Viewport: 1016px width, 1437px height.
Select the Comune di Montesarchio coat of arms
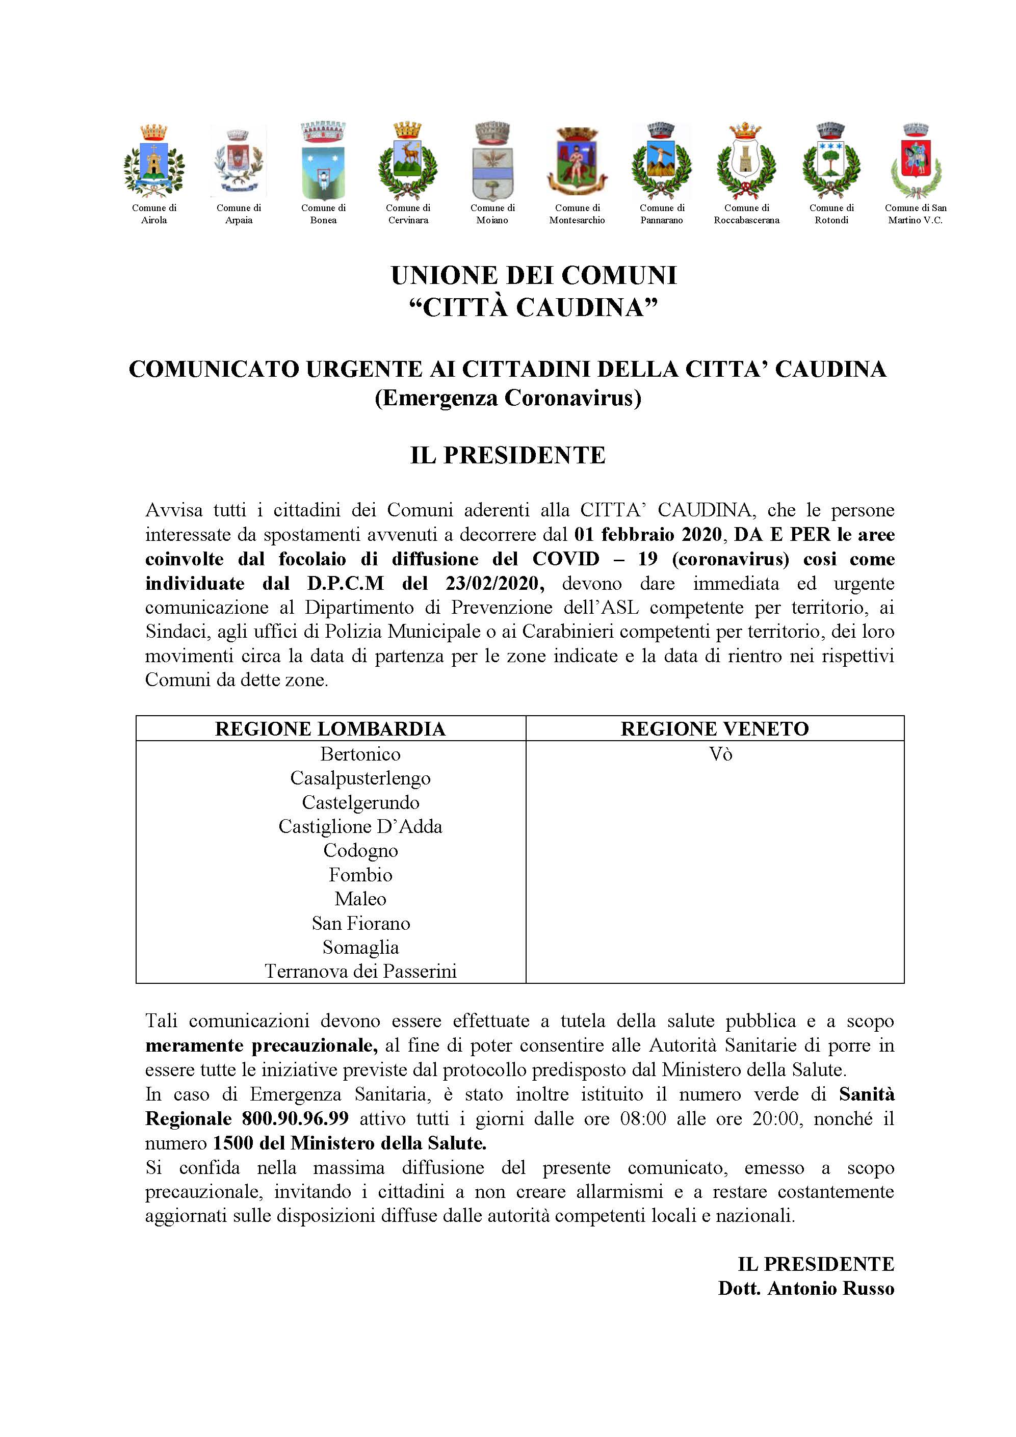[x=577, y=162]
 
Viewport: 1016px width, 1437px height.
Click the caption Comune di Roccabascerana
[x=746, y=214]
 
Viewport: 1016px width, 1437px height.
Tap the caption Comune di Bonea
[x=323, y=214]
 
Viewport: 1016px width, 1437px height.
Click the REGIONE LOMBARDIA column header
[x=330, y=729]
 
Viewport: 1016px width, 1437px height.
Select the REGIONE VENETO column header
[x=714, y=729]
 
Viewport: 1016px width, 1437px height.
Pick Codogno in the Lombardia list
[x=360, y=851]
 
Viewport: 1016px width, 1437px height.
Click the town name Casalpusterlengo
[x=360, y=778]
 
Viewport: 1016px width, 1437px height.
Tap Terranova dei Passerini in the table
[x=360, y=972]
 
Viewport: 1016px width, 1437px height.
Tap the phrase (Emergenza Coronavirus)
[x=508, y=399]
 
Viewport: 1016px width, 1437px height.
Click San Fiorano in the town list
[x=360, y=924]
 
